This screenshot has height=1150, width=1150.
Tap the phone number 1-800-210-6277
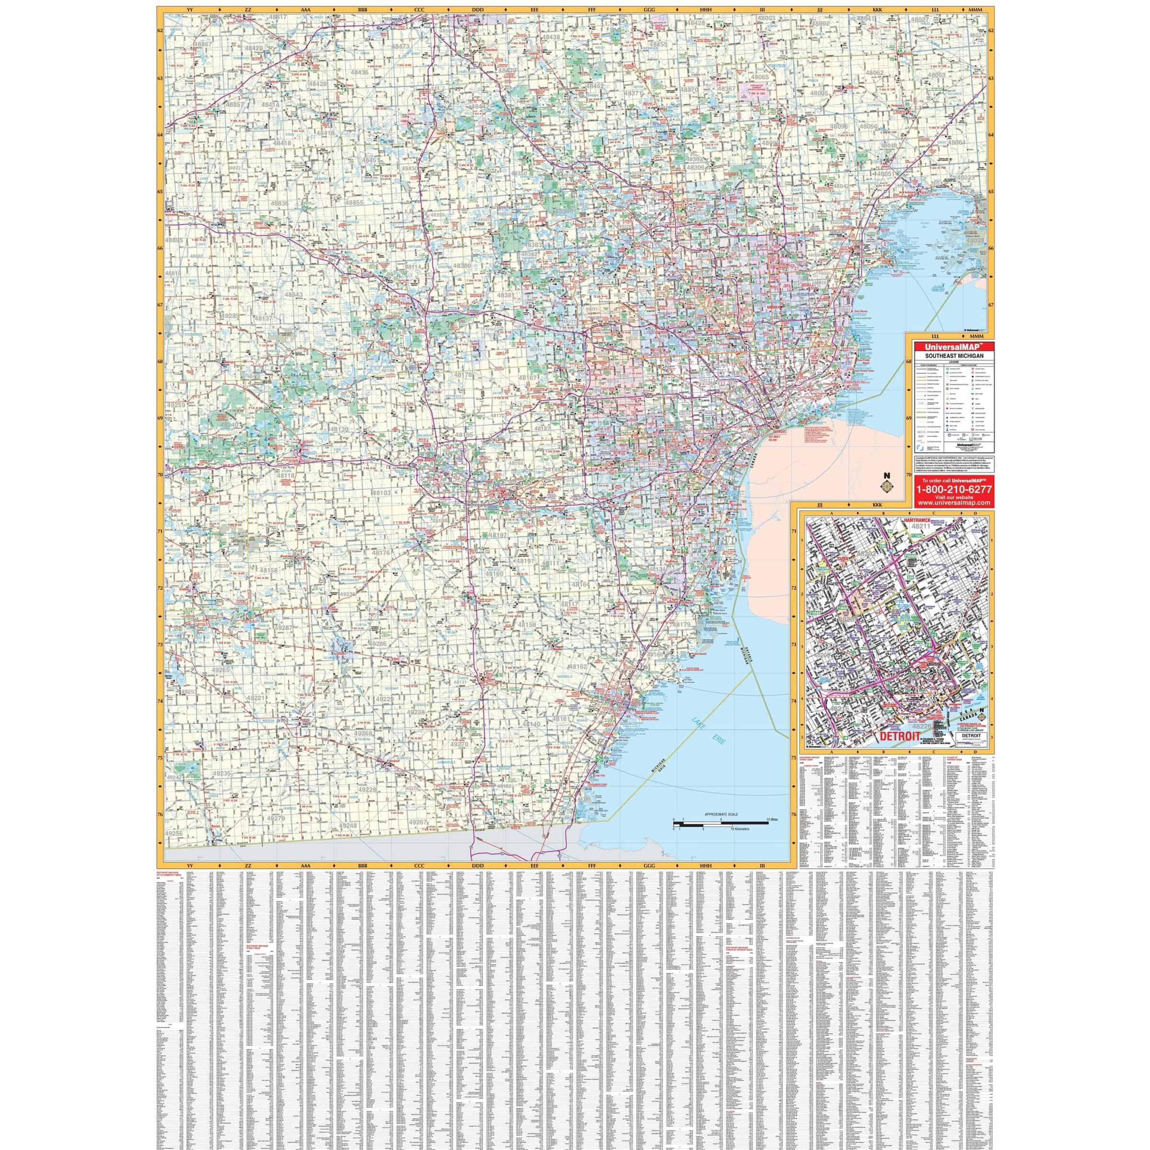949,489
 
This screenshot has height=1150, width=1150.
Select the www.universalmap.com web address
949,503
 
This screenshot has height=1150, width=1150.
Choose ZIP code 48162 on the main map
577,667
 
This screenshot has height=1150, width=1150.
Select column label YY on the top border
191,10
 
